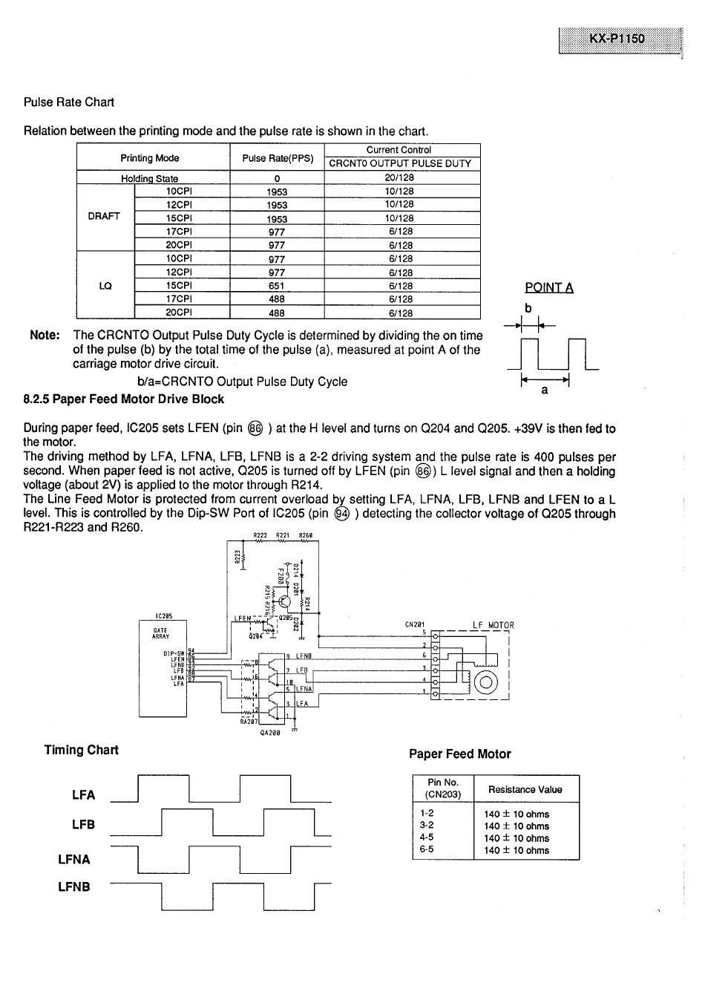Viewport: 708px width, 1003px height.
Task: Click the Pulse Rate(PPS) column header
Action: pyautogui.click(x=278, y=158)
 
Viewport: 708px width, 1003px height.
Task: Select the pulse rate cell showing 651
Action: pyautogui.click(x=277, y=286)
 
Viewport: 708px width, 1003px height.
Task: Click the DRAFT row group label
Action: pyautogui.click(x=104, y=216)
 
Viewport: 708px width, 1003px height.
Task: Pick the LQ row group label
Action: pyautogui.click(x=105, y=286)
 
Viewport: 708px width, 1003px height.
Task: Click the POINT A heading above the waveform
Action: pyautogui.click(x=548, y=288)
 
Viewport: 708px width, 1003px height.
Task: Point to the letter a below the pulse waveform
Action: pyautogui.click(x=544, y=390)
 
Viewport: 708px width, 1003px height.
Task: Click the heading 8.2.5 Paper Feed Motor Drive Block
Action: pyautogui.click(x=123, y=399)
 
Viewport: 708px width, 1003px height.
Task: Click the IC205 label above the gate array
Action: pyautogui.click(x=164, y=615)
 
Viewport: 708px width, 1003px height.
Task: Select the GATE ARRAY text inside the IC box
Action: pyautogui.click(x=161, y=633)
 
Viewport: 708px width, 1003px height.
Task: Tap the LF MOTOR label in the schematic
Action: pyautogui.click(x=493, y=625)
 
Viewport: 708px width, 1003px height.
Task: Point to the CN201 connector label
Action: pyautogui.click(x=414, y=624)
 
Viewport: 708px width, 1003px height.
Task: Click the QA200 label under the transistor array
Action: pyautogui.click(x=269, y=732)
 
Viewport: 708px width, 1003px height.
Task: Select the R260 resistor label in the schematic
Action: pyautogui.click(x=306, y=535)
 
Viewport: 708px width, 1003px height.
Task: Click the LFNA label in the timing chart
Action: pyautogui.click(x=74, y=860)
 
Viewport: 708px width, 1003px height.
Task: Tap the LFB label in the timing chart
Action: pyautogui.click(x=83, y=825)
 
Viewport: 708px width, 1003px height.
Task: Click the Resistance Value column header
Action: pyautogui.click(x=525, y=790)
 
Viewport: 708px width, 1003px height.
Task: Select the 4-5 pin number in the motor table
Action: pyautogui.click(x=426, y=837)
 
